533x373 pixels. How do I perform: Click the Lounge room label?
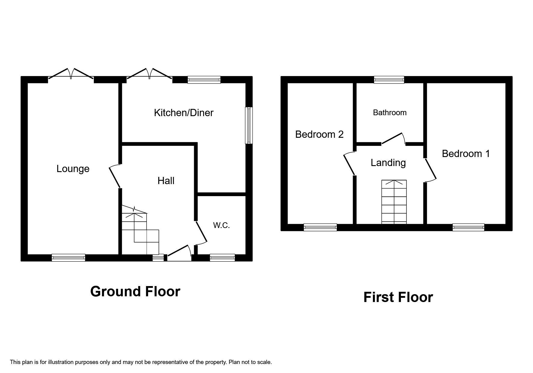coord(73,169)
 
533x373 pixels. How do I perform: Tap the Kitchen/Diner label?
coord(184,113)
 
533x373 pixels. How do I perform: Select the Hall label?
coord(166,181)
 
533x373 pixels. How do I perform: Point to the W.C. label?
coord(222,225)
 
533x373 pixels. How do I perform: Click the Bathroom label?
coord(390,113)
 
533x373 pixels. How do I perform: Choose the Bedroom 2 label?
coord(319,134)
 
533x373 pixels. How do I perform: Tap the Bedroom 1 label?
coord(466,154)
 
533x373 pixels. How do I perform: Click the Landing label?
coord(388,163)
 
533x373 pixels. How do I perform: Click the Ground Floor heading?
coord(135,291)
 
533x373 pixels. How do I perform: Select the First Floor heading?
coord(398,297)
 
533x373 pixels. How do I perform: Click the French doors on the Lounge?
coord(71,75)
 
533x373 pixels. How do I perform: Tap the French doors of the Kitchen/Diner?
coord(150,75)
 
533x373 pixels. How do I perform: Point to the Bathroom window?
coord(389,80)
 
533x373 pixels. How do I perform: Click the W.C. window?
coord(222,257)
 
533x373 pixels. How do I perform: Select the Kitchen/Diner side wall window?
coord(249,125)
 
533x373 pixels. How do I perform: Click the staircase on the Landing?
coord(394,202)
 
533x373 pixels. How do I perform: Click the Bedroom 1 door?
coord(431,170)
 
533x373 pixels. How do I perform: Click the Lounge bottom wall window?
coord(68,257)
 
